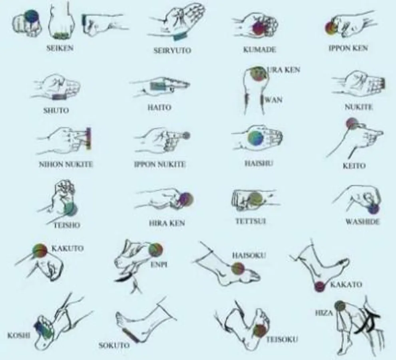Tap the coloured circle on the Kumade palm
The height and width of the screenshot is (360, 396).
coord(259,28)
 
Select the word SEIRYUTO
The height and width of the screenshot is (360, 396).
coord(172,51)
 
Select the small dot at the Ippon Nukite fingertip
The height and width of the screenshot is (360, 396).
coord(186,136)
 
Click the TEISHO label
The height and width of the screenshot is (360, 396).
coord(67,225)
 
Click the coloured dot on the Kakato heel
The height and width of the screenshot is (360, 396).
coord(319,286)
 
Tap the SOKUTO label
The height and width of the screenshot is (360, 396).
coord(114,345)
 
